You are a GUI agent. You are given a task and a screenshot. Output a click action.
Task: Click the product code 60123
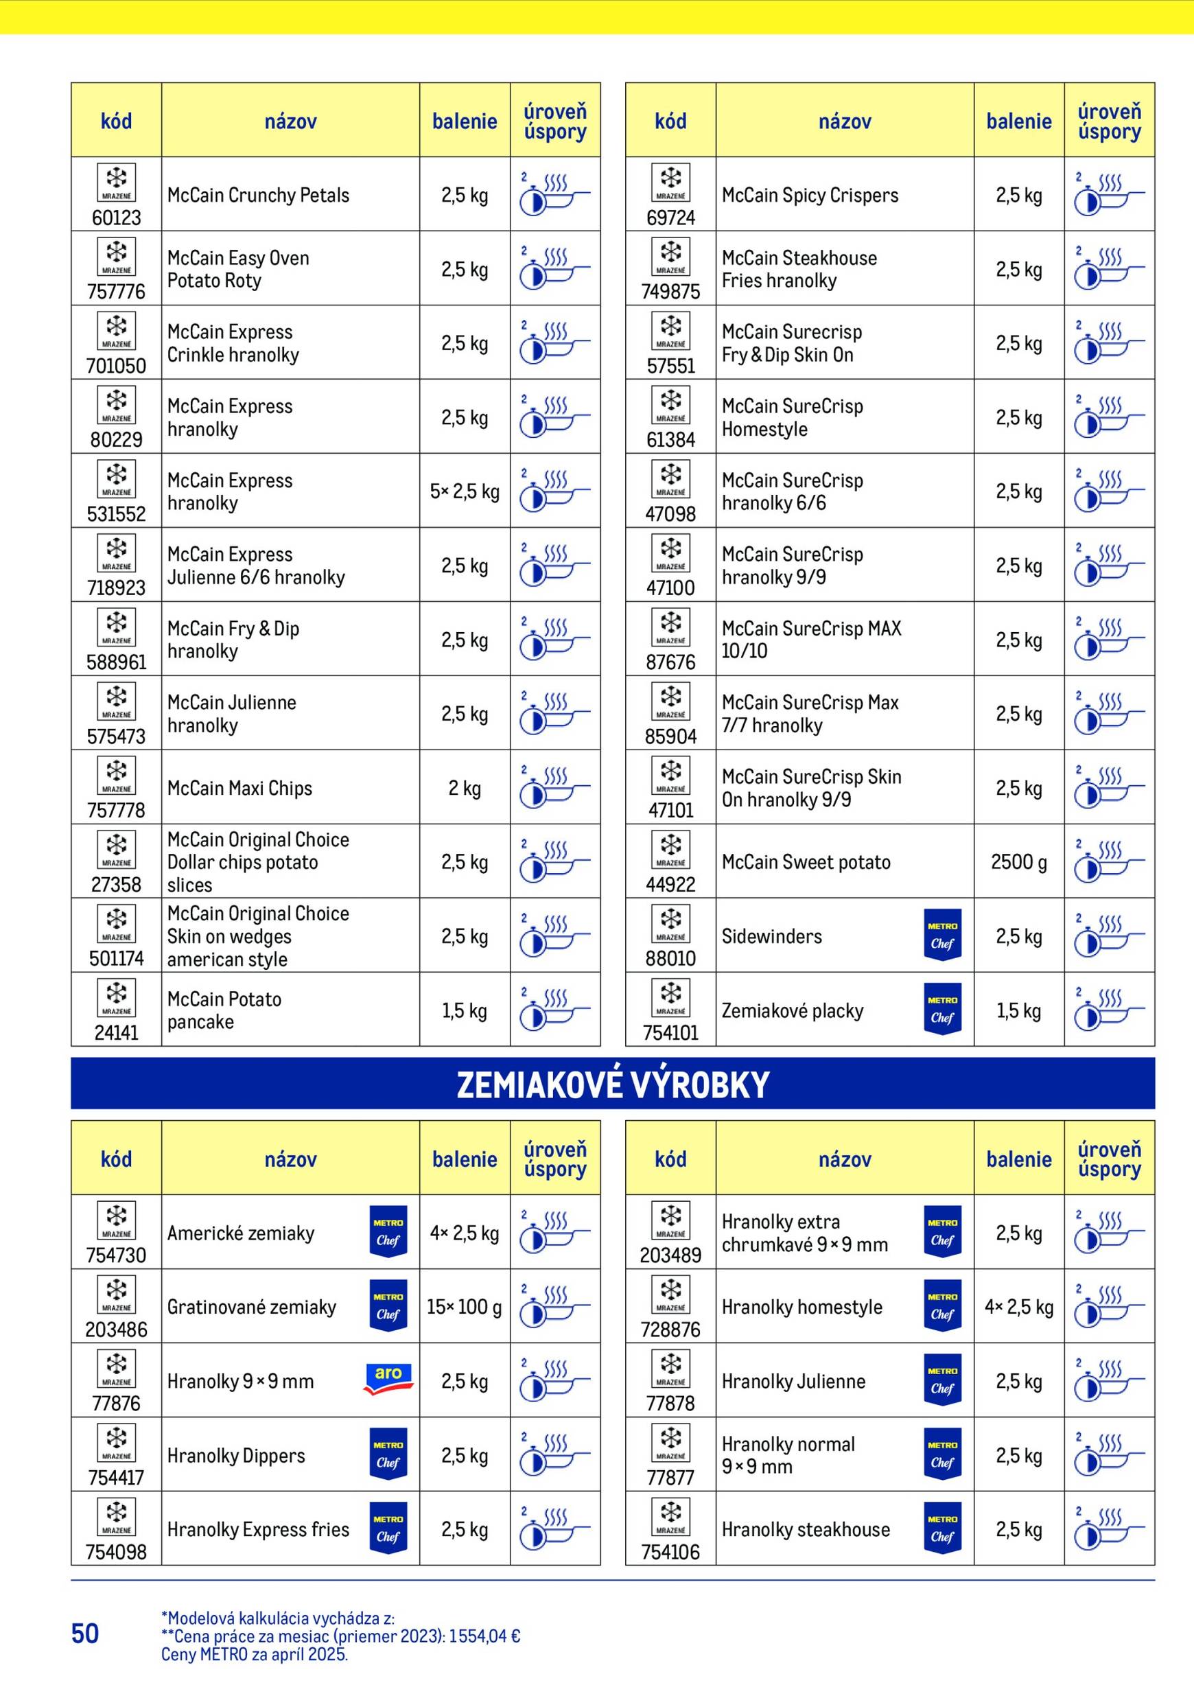(x=116, y=218)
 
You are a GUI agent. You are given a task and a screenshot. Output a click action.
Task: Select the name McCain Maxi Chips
(x=239, y=788)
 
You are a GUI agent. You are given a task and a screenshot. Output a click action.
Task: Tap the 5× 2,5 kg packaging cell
(x=465, y=491)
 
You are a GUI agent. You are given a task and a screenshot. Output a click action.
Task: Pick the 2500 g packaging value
(x=1018, y=862)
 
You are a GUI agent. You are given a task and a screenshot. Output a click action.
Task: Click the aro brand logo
(x=388, y=1379)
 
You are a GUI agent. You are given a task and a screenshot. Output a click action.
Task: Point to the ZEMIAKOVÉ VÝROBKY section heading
(x=612, y=1084)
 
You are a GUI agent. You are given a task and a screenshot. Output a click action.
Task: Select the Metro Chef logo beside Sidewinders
(x=942, y=934)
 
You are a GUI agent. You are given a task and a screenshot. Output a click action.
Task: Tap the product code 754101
(x=670, y=1033)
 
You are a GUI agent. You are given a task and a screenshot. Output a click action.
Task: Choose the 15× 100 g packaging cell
(x=465, y=1307)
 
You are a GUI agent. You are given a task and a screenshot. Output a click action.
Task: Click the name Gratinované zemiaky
(x=251, y=1307)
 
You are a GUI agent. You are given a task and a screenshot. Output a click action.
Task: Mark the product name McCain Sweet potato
(x=806, y=862)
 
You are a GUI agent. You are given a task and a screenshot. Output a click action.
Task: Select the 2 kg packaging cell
(x=465, y=788)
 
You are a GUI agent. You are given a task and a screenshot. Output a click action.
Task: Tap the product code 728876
(x=670, y=1329)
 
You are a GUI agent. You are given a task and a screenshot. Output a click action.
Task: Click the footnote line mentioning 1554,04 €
(x=340, y=1636)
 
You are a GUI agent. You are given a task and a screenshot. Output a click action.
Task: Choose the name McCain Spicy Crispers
(x=809, y=195)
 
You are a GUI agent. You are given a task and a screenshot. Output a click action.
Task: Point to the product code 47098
(x=670, y=514)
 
